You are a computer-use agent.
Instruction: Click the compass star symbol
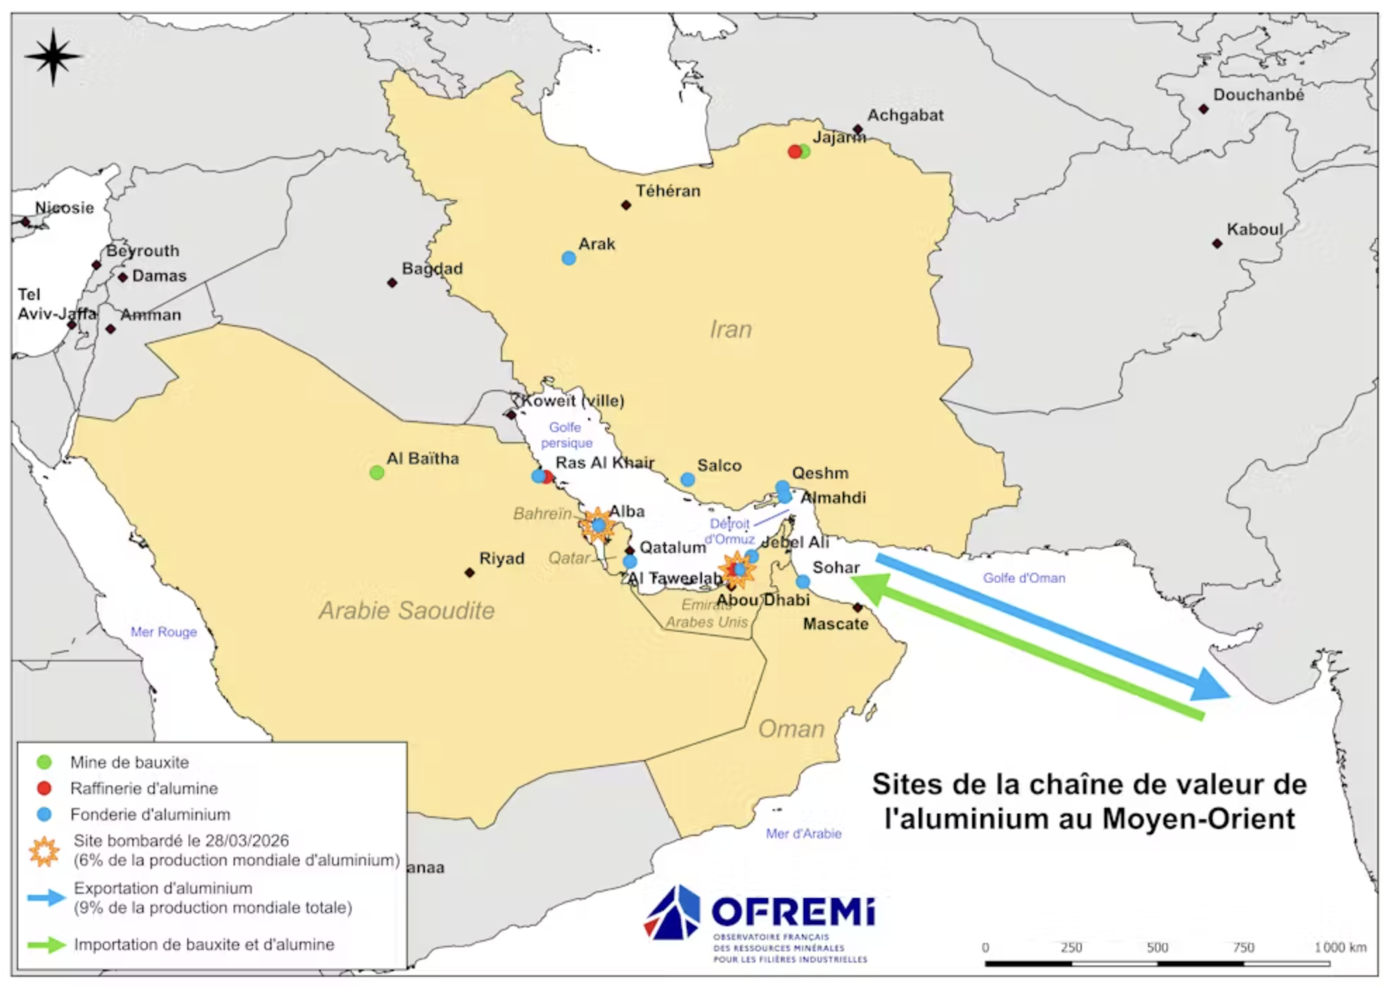53,57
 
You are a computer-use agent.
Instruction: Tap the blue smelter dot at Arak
568,258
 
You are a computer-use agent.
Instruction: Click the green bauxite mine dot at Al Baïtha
376,473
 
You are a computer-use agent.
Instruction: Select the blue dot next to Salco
687,480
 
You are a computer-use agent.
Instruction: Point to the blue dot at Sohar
803,582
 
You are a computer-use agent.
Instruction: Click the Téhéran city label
668,191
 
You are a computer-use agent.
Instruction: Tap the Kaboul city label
1254,229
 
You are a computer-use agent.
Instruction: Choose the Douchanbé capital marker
1203,109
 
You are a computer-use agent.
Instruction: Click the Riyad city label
502,559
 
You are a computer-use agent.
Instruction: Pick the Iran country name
730,329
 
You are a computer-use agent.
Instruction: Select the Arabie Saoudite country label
407,610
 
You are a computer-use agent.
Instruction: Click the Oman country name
791,729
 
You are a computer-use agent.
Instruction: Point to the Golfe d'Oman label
1024,578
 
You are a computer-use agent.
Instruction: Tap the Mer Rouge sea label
163,632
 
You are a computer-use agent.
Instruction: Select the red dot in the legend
44,788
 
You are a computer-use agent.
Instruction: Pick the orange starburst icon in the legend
44,851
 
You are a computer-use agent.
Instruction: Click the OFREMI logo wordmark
793,913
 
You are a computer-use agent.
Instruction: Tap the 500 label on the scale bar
1156,947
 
